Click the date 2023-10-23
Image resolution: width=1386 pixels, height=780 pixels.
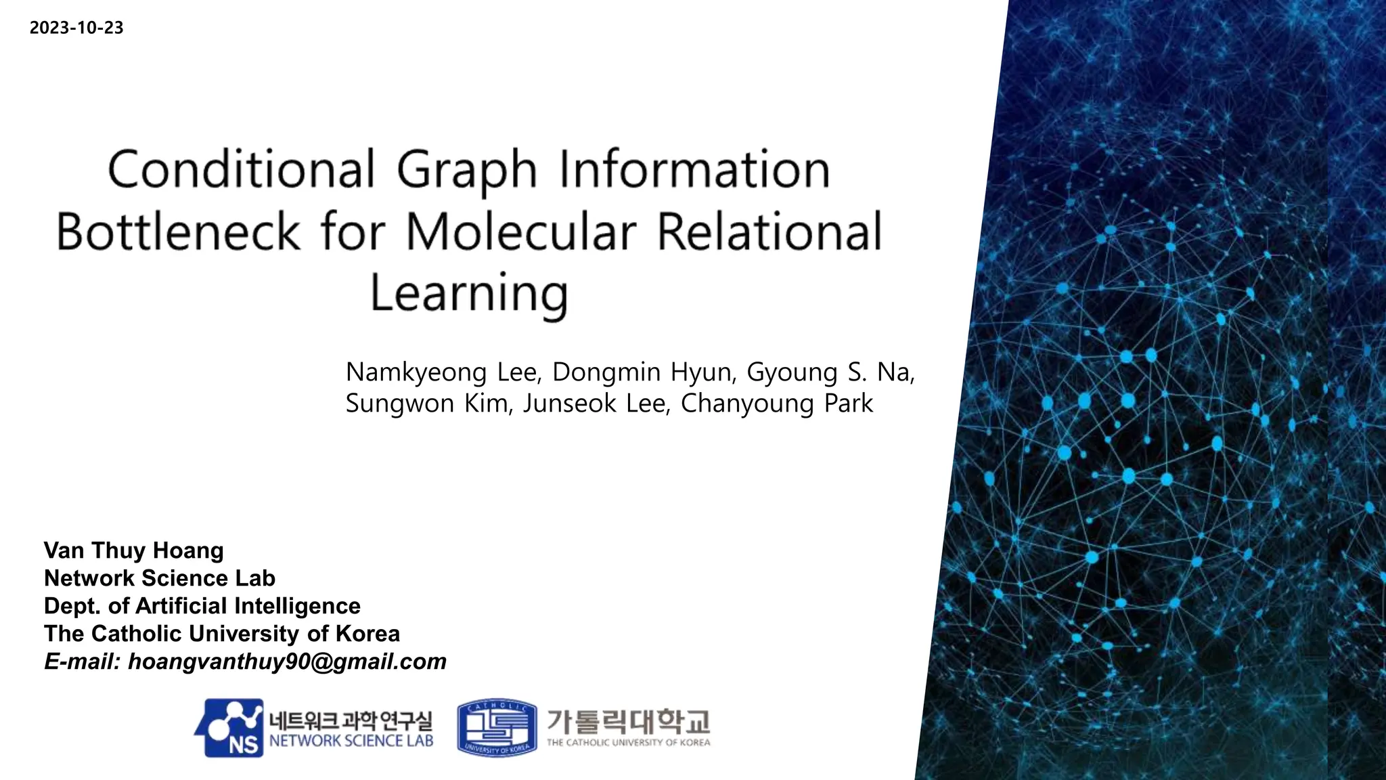tap(76, 28)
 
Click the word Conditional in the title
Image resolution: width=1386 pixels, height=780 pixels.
tap(240, 169)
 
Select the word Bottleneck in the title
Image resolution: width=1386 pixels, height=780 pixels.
tap(177, 232)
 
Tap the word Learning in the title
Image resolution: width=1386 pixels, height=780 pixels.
tap(468, 293)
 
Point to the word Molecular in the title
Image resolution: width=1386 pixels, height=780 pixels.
tap(521, 232)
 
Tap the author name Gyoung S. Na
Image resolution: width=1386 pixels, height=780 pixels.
tap(830, 372)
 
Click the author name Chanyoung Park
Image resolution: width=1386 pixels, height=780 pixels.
tap(777, 404)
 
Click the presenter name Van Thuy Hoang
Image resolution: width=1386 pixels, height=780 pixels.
tap(133, 550)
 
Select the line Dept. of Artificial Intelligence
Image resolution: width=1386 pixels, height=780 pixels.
tap(202, 606)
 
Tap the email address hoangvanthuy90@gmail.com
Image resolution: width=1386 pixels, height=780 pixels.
tap(287, 662)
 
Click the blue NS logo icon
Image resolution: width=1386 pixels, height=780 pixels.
tap(230, 728)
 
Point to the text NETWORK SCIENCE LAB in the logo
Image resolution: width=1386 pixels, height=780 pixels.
tap(351, 741)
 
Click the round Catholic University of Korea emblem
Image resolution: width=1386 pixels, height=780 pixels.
tap(497, 728)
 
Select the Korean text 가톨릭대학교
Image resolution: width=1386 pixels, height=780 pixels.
tap(628, 722)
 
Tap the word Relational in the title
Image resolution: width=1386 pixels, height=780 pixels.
tap(769, 232)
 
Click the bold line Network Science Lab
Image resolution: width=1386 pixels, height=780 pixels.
tap(159, 578)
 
